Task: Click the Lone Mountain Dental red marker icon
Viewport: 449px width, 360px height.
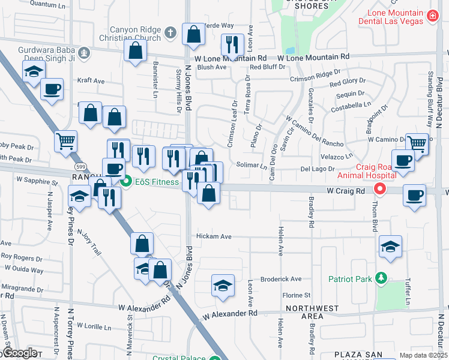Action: pyautogui.click(x=432, y=17)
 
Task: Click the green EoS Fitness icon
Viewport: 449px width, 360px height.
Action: pyautogui.click(x=126, y=181)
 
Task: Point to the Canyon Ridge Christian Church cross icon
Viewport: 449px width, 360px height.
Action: pyautogui.click(x=170, y=32)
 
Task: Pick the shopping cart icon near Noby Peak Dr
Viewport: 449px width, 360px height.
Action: pyautogui.click(x=66, y=142)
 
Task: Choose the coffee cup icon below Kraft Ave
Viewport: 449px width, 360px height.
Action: pyautogui.click(x=52, y=89)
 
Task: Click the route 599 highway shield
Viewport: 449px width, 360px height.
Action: pyautogui.click(x=79, y=166)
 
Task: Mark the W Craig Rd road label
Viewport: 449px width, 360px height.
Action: pyautogui.click(x=346, y=190)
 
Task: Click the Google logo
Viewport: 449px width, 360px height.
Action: pyautogui.click(x=20, y=353)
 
